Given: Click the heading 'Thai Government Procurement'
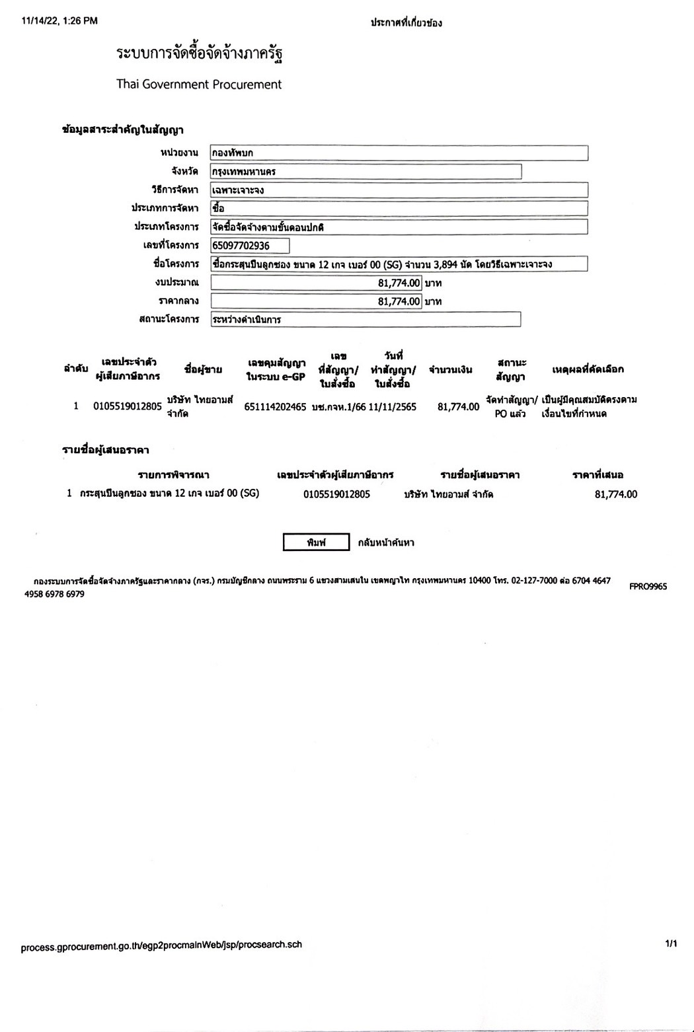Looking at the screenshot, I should pos(199,85).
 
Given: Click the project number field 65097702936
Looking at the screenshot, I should pos(250,246).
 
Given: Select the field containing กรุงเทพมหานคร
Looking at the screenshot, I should pos(366,172).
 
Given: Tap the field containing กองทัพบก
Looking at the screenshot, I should pos(399,153).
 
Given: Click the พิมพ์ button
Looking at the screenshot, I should pos(316,542).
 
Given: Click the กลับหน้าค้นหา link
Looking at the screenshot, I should pos(386,542).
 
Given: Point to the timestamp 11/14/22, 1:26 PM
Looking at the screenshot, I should pos(59,21).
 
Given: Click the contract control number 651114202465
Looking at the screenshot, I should pos(275,407).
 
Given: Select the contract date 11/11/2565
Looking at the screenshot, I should pos(393,407).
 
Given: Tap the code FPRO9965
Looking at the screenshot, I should pos(648,586).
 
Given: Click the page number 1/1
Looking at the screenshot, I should pos(671,944).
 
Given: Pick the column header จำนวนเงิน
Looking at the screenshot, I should pos(450,370).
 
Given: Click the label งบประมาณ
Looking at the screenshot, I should pos(177,283).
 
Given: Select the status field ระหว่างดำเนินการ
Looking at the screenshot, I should pos(366,320).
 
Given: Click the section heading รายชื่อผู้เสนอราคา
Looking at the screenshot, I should pos(106,450).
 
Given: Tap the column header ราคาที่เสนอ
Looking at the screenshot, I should pos(598,475).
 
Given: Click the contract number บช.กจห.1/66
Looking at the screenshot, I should pos(338,407).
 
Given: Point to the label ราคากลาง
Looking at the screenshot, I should pos(178,301).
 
